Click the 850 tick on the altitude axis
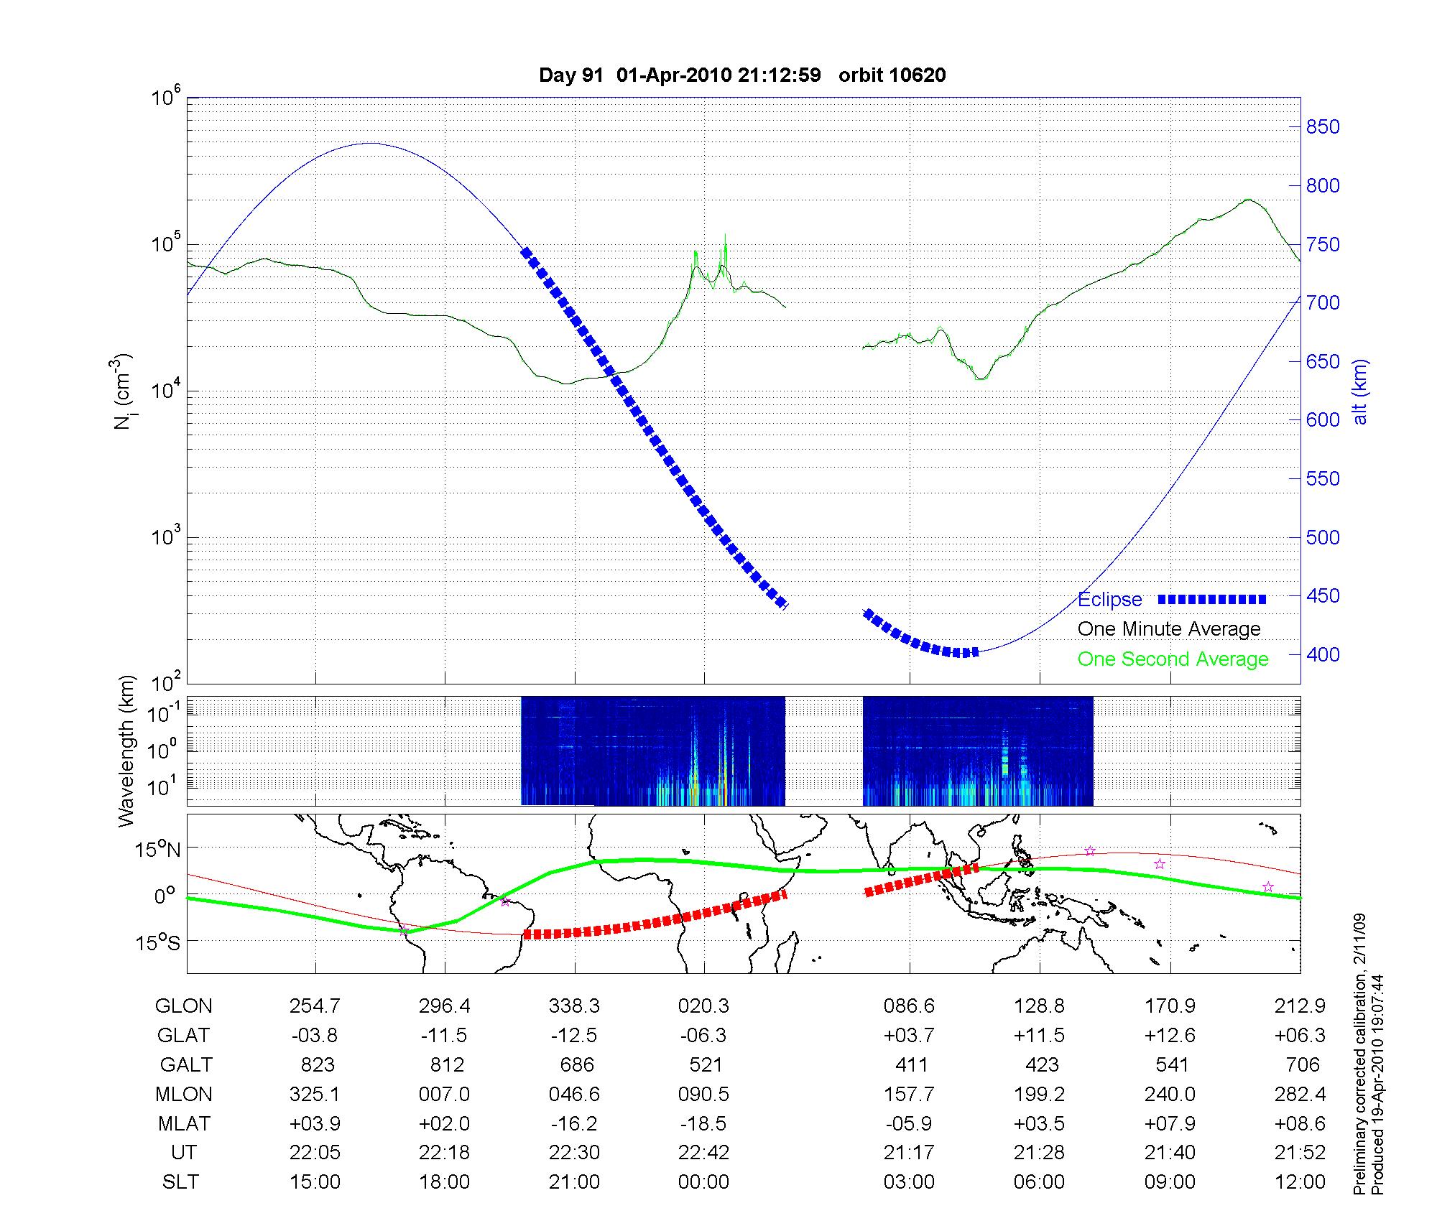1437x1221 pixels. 1322,127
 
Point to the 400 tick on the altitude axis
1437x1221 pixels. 1322,654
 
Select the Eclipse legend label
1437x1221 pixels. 1109,600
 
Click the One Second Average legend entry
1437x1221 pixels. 1173,659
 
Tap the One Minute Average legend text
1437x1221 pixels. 1169,629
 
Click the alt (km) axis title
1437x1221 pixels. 1361,392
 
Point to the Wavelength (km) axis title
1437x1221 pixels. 126,751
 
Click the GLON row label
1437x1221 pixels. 183,1006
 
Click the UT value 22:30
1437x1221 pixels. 574,1153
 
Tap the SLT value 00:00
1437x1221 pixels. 703,1182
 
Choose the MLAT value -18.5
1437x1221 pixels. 703,1123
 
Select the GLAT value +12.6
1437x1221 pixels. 1170,1035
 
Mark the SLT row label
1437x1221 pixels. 180,1182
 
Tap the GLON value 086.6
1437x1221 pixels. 909,1006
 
